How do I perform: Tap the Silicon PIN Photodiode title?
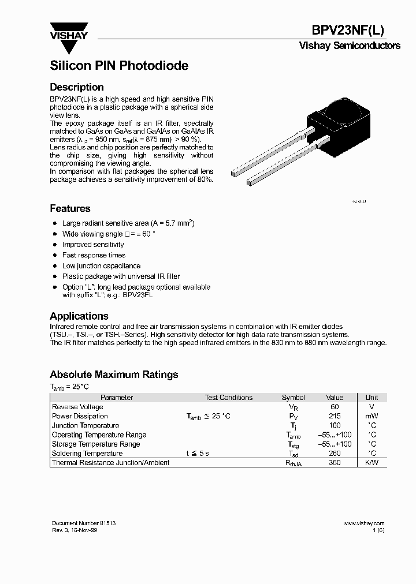119,66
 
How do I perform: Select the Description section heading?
77,87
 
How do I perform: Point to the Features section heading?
70,208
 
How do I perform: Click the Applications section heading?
79,316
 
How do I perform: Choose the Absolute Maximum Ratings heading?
114,375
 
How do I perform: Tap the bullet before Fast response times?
55,255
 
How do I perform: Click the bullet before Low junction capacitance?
55,266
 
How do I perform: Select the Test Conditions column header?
229,398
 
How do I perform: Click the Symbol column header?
293,398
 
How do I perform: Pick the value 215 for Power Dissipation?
335,416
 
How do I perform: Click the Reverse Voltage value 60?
335,407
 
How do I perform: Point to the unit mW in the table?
372,416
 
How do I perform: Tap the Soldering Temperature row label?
87,454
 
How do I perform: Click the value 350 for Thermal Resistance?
335,463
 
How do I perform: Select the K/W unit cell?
372,463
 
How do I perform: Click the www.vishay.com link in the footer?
363,523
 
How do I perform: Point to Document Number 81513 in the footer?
83,523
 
